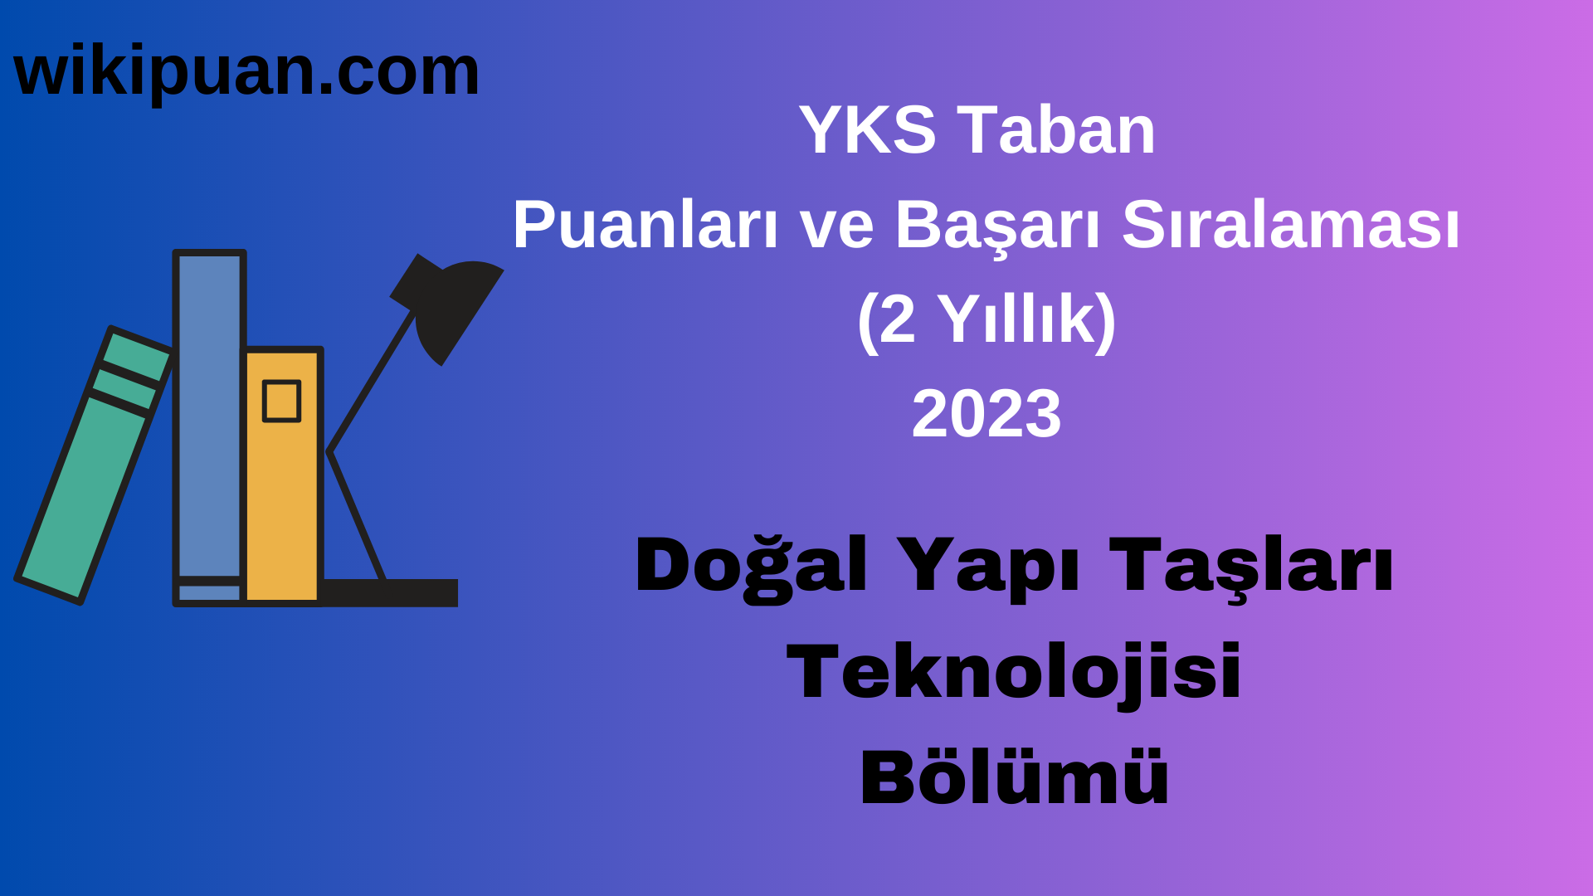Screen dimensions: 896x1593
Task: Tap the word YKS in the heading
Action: click(867, 131)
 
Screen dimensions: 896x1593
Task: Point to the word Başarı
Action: click(996, 226)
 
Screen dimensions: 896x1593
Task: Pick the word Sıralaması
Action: click(1290, 226)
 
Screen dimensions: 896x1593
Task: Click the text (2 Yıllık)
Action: click(986, 320)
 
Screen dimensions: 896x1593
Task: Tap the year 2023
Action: click(986, 414)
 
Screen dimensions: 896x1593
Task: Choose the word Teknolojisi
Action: click(1013, 673)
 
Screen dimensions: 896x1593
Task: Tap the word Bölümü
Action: click(1013, 778)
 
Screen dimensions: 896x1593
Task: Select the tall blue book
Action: click(209, 415)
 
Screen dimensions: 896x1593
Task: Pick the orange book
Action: click(282, 498)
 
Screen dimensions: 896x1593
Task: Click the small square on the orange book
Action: click(281, 402)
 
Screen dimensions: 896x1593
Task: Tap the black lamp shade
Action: click(456, 307)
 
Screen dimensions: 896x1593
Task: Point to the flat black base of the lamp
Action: click(390, 592)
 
